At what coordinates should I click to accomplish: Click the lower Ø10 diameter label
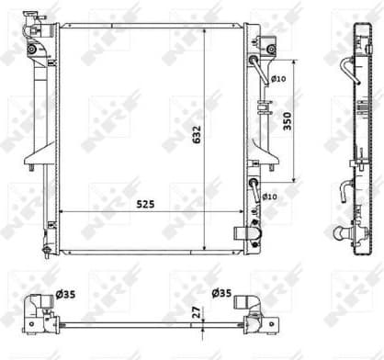pos(270,197)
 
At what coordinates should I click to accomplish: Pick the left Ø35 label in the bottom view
pos(64,295)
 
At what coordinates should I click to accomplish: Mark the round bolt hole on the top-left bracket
pos(33,49)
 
